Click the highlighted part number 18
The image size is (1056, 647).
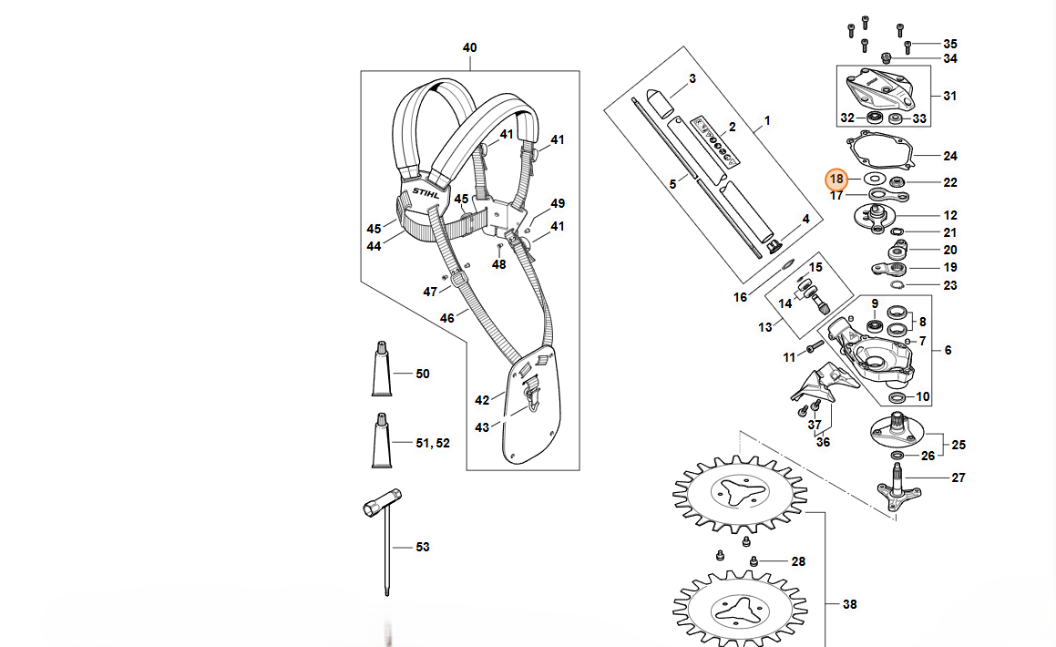coord(836,179)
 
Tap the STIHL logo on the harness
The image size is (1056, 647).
coord(425,194)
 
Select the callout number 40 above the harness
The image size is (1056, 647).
coord(470,47)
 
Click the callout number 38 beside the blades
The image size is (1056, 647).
coord(850,603)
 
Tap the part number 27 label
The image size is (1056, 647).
coord(958,478)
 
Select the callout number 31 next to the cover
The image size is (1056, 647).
coord(950,96)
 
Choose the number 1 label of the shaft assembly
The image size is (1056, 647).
coord(767,120)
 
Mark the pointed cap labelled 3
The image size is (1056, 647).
coord(656,96)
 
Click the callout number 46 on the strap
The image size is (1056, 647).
coord(446,318)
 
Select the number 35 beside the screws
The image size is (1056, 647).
coord(950,44)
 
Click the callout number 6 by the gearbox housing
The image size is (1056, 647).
coord(948,350)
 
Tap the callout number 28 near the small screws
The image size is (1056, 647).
coord(798,561)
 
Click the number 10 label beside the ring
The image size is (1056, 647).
coord(923,396)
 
